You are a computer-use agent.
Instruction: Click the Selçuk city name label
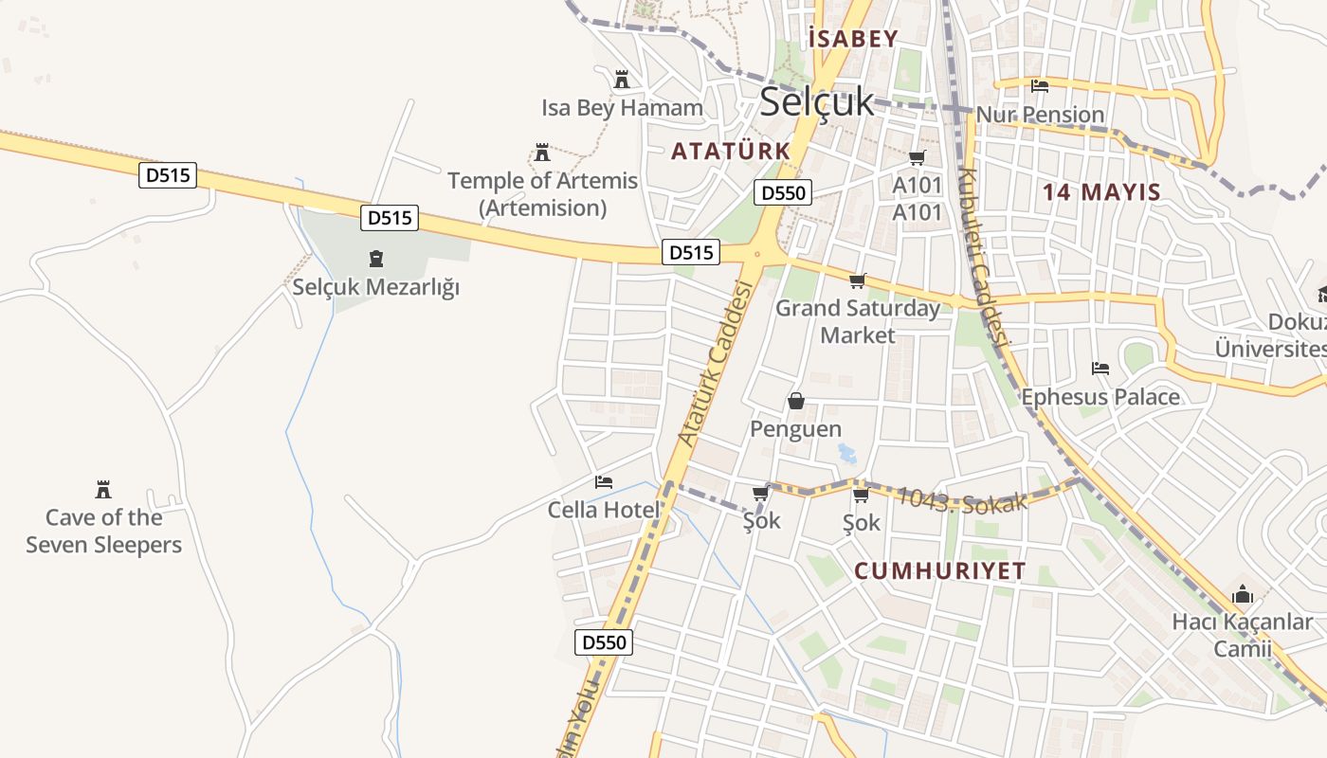click(x=816, y=101)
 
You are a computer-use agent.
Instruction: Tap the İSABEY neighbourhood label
click(x=853, y=39)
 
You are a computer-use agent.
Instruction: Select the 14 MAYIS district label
click(x=1101, y=192)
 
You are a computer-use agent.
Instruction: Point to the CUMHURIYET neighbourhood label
click(x=939, y=570)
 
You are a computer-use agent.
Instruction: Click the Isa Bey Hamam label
click(x=622, y=108)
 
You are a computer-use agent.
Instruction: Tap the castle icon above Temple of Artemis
click(x=542, y=153)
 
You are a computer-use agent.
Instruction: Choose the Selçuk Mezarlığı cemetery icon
click(x=376, y=259)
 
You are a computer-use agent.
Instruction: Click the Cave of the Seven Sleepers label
click(x=104, y=531)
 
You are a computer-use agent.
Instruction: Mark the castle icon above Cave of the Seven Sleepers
click(x=103, y=490)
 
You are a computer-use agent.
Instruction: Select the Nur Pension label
click(x=1040, y=115)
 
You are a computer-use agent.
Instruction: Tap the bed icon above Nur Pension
click(x=1040, y=86)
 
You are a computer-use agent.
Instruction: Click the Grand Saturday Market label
click(x=858, y=321)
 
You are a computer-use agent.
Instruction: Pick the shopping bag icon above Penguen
click(x=796, y=401)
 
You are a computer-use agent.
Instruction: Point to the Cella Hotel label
click(x=603, y=510)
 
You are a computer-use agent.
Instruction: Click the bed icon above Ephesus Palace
click(x=1100, y=368)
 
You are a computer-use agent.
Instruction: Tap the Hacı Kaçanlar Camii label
click(x=1243, y=635)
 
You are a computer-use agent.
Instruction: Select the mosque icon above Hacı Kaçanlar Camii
click(x=1243, y=595)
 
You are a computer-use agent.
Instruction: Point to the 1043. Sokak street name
click(x=962, y=499)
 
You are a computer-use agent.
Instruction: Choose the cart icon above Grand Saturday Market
click(x=858, y=280)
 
